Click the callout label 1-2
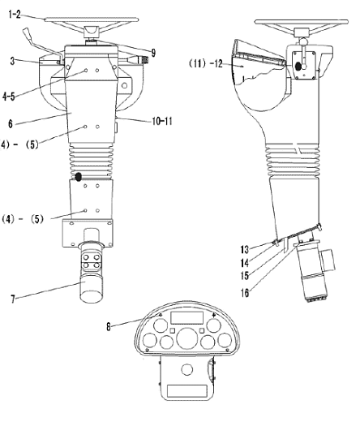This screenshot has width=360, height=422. [15, 14]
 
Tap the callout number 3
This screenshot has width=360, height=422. [12, 61]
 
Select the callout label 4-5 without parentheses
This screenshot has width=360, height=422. [9, 97]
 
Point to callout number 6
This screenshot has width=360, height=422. [11, 123]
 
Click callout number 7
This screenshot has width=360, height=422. [13, 299]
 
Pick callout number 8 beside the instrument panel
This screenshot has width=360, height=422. [109, 326]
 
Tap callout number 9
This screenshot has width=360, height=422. [153, 53]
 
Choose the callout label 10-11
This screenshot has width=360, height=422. [162, 121]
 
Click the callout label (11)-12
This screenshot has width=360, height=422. [205, 63]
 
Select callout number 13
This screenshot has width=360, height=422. [244, 249]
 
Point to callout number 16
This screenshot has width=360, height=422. [245, 293]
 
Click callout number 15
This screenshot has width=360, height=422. [245, 276]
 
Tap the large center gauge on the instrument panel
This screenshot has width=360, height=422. [187, 338]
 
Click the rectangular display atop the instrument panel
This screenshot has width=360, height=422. [186, 317]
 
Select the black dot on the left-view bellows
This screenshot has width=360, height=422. [78, 177]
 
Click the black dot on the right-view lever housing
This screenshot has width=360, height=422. [298, 67]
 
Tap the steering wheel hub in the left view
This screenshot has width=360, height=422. [92, 32]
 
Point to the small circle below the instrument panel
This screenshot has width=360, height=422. [186, 369]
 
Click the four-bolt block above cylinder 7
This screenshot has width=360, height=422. [91, 261]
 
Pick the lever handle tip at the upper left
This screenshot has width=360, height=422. [27, 32]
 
